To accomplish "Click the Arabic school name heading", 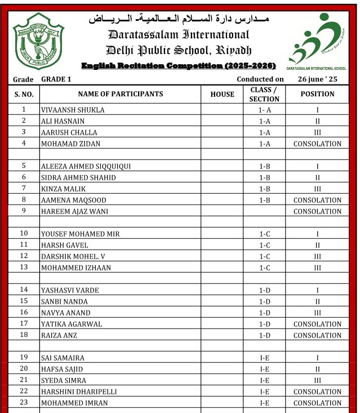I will coord(179,19).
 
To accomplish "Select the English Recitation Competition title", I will coord(179,66).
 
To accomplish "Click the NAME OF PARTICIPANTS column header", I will coord(121,94).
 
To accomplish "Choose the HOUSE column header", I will coord(222,94).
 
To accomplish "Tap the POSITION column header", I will coord(317,94).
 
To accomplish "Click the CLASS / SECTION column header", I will coord(264,94).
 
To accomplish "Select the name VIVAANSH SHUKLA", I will coord(73,110).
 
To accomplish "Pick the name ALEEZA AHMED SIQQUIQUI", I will coord(86,166).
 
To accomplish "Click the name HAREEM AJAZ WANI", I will coord(74,211).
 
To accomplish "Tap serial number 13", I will coord(24,268).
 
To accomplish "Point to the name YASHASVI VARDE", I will coord(70,290).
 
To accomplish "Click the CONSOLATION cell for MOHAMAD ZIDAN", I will coord(317,144).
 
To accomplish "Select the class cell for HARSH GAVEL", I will coord(264,245).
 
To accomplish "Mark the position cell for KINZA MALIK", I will coord(317,189).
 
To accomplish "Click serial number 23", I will coord(24,403).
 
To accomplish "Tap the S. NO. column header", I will coord(24,94).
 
